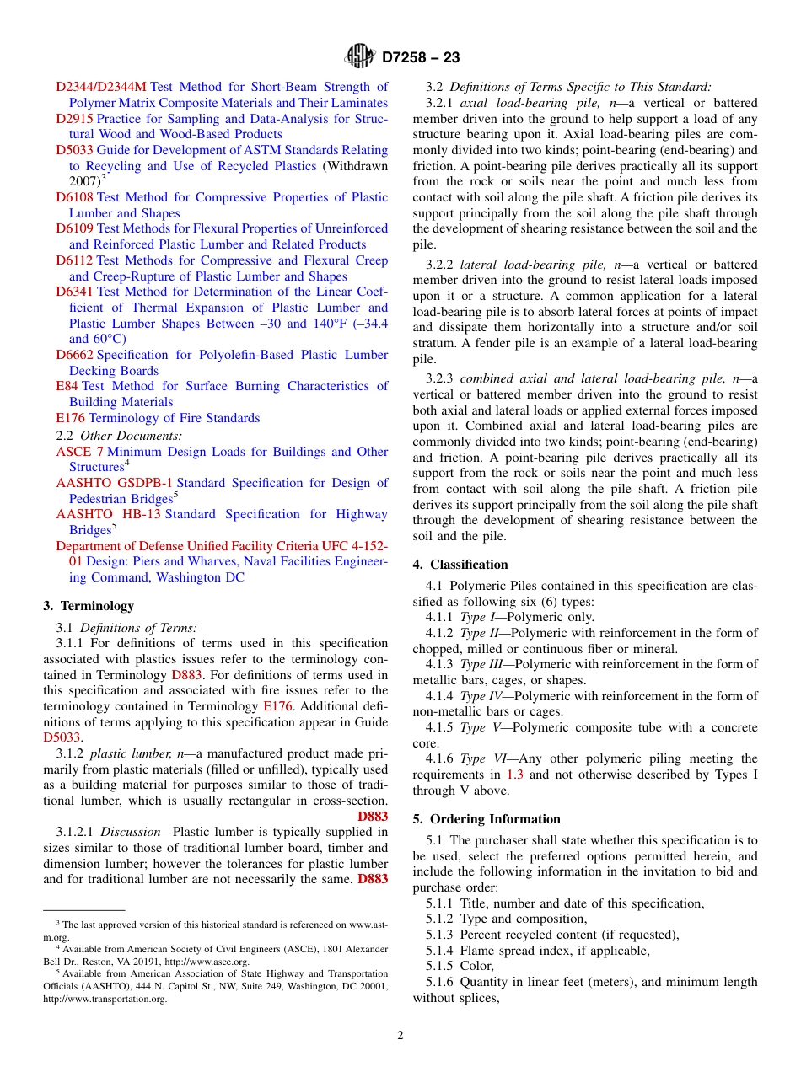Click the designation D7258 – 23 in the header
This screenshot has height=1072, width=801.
pyautogui.click(x=421, y=58)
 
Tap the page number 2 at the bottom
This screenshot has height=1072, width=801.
pyautogui.click(x=400, y=1036)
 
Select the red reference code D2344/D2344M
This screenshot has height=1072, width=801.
pyautogui.click(x=101, y=87)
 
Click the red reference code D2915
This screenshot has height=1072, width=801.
pyautogui.click(x=74, y=119)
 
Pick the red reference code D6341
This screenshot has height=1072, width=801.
pyautogui.click(x=75, y=292)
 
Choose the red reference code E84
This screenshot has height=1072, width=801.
pyautogui.click(x=67, y=386)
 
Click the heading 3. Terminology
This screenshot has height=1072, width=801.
pyautogui.click(x=89, y=606)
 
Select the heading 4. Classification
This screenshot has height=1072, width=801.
pyautogui.click(x=460, y=565)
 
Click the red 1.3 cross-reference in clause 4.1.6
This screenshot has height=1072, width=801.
pyautogui.click(x=514, y=775)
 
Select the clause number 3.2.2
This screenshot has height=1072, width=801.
pyautogui.click(x=441, y=265)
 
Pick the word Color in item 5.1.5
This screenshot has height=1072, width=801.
pyautogui.click(x=476, y=967)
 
